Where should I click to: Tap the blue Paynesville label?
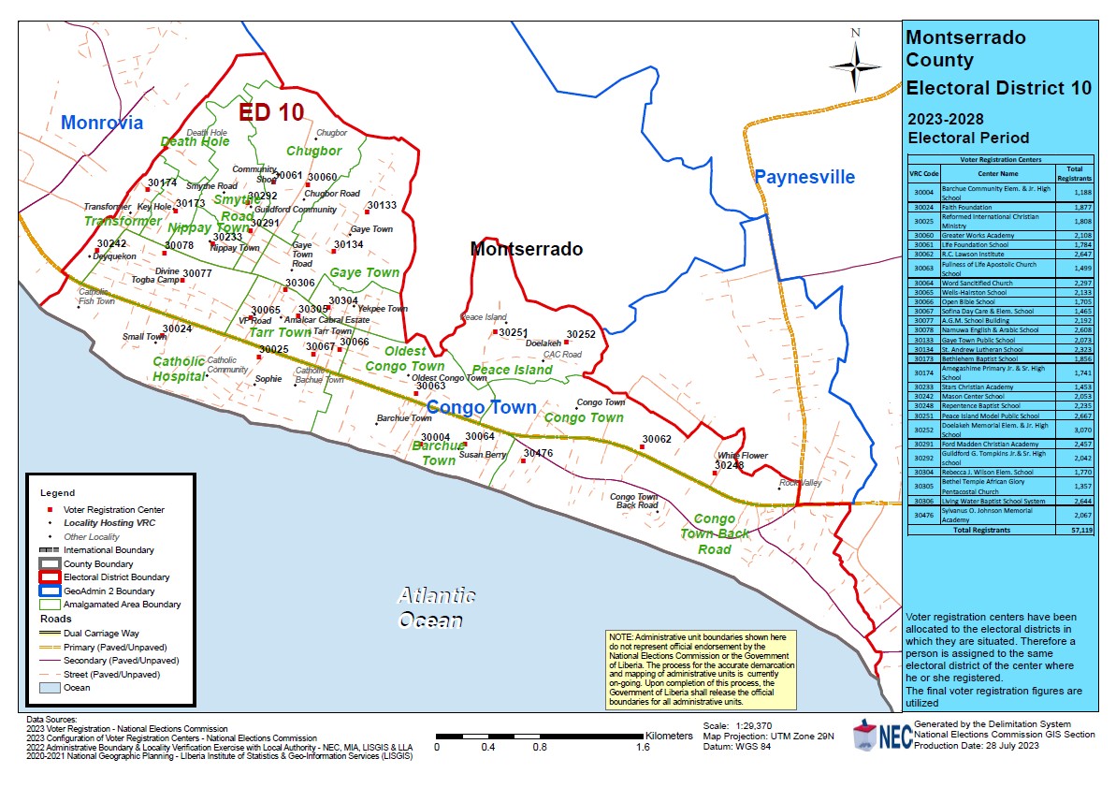[x=804, y=177]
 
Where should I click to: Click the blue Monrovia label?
[x=102, y=123]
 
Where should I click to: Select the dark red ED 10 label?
[x=271, y=112]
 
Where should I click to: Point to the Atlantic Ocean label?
[x=436, y=607]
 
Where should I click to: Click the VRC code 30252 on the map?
[x=580, y=334]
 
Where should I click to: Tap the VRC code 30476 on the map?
[x=538, y=453]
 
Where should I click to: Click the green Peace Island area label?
[x=512, y=370]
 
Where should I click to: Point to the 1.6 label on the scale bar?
[x=644, y=748]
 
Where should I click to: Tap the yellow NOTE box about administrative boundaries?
[x=702, y=668]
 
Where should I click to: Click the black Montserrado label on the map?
[x=526, y=249]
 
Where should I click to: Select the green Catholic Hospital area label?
[x=179, y=368]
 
